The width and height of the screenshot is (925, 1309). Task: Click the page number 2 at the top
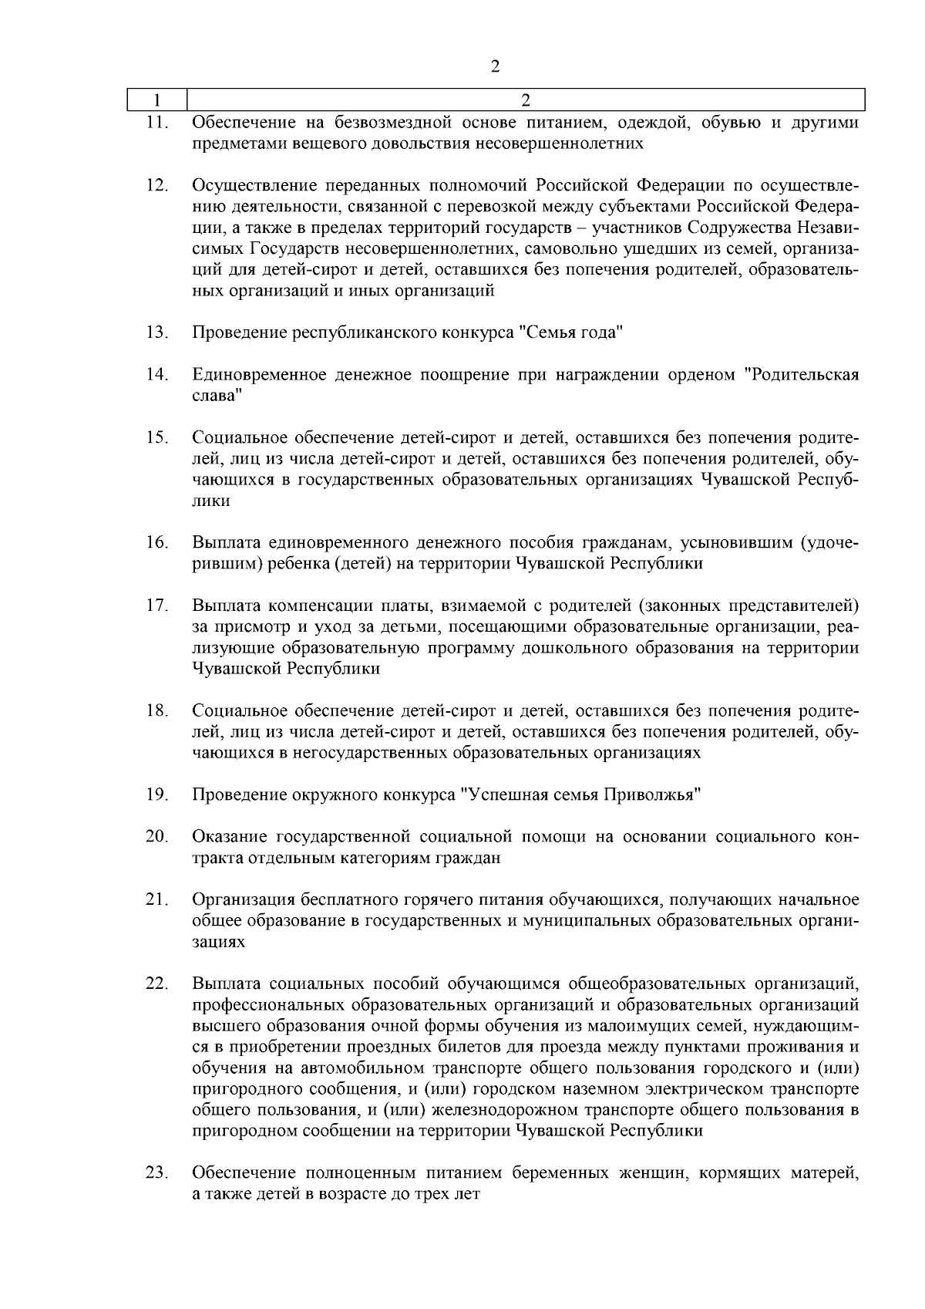click(x=496, y=66)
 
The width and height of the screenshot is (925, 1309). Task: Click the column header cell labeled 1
click(x=157, y=100)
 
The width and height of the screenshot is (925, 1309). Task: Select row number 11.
click(x=157, y=123)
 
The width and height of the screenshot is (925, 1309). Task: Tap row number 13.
click(x=157, y=333)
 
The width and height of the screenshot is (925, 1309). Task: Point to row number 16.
click(x=157, y=543)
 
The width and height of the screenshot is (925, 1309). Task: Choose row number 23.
click(x=157, y=1173)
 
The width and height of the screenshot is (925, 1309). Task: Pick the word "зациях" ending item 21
click(x=218, y=943)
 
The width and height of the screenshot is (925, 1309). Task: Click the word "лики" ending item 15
click(x=210, y=501)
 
